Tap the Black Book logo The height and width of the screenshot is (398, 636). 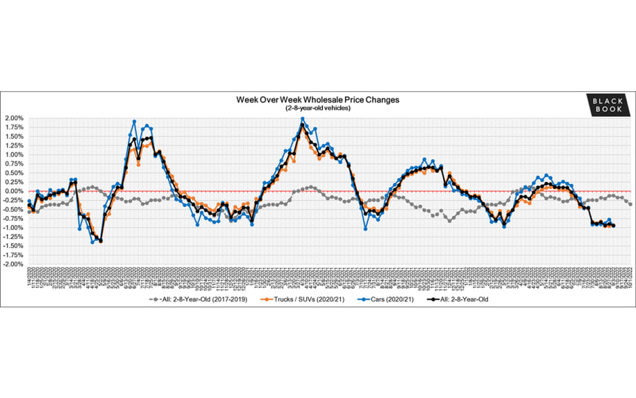[x=608, y=105]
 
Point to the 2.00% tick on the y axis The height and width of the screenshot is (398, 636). [x=14, y=118]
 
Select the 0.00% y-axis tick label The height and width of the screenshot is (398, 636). [x=14, y=191]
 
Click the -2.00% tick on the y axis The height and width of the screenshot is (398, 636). [x=14, y=264]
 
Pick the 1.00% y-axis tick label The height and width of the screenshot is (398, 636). [x=14, y=154]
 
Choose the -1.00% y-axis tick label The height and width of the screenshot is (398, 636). [x=14, y=228]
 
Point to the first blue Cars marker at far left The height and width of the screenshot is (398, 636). [x=29, y=201]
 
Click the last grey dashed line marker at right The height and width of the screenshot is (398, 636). [x=630, y=203]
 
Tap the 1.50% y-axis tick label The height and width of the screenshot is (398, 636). [x=14, y=136]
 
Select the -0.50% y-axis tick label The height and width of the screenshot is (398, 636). [x=14, y=210]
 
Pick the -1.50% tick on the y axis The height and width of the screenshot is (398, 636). [x=14, y=246]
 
